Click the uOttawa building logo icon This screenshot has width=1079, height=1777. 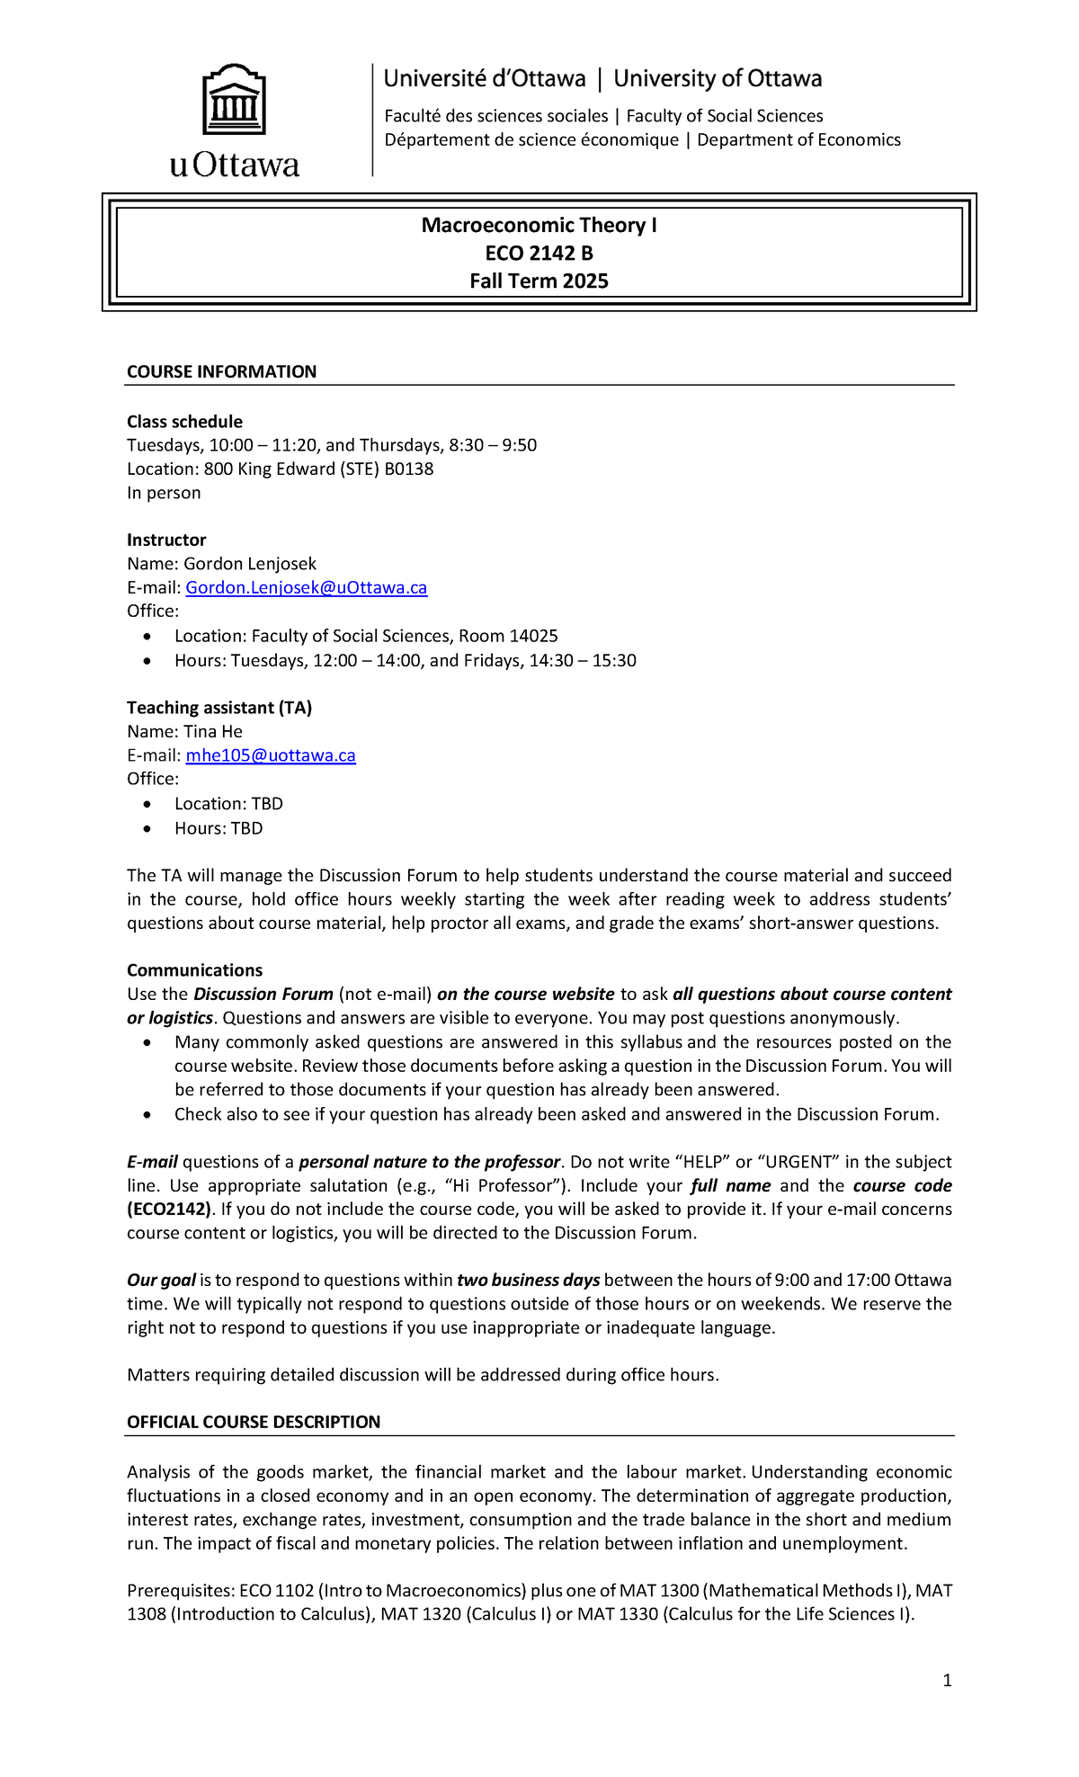point(234,100)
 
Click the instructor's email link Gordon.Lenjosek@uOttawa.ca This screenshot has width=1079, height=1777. point(306,588)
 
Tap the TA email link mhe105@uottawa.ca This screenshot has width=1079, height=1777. point(271,755)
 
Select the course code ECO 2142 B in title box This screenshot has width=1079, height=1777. point(539,254)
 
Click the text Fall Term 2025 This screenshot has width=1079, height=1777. point(539,281)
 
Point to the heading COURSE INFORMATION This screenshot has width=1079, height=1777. point(221,372)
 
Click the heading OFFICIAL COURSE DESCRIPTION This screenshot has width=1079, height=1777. point(254,1422)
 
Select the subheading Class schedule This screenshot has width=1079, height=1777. point(184,422)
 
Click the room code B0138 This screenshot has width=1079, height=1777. point(408,469)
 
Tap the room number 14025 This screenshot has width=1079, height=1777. point(533,637)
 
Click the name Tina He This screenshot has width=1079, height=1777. point(213,732)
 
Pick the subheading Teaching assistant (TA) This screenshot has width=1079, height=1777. point(219,708)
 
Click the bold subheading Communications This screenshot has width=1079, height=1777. point(194,970)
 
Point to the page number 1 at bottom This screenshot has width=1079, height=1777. point(947,1680)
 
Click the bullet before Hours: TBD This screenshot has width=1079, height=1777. point(147,829)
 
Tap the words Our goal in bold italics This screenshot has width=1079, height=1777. point(161,1280)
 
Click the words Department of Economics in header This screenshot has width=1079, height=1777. point(798,140)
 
